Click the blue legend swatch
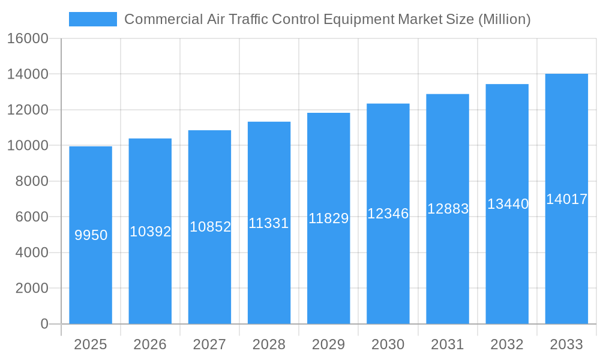point(93,19)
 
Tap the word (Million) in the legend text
point(503,19)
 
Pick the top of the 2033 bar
point(566,74)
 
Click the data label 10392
point(151,232)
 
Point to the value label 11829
point(328,218)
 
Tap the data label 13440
point(508,204)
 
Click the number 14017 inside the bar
point(566,199)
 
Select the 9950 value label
point(91,235)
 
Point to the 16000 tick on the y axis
point(28,38)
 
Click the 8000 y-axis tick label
point(32,181)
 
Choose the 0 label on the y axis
point(44,324)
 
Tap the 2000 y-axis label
point(32,288)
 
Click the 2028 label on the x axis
point(269,344)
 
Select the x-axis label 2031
point(447,344)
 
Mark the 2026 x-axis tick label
point(150,344)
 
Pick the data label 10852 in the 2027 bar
point(210,227)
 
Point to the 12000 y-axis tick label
point(28,110)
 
